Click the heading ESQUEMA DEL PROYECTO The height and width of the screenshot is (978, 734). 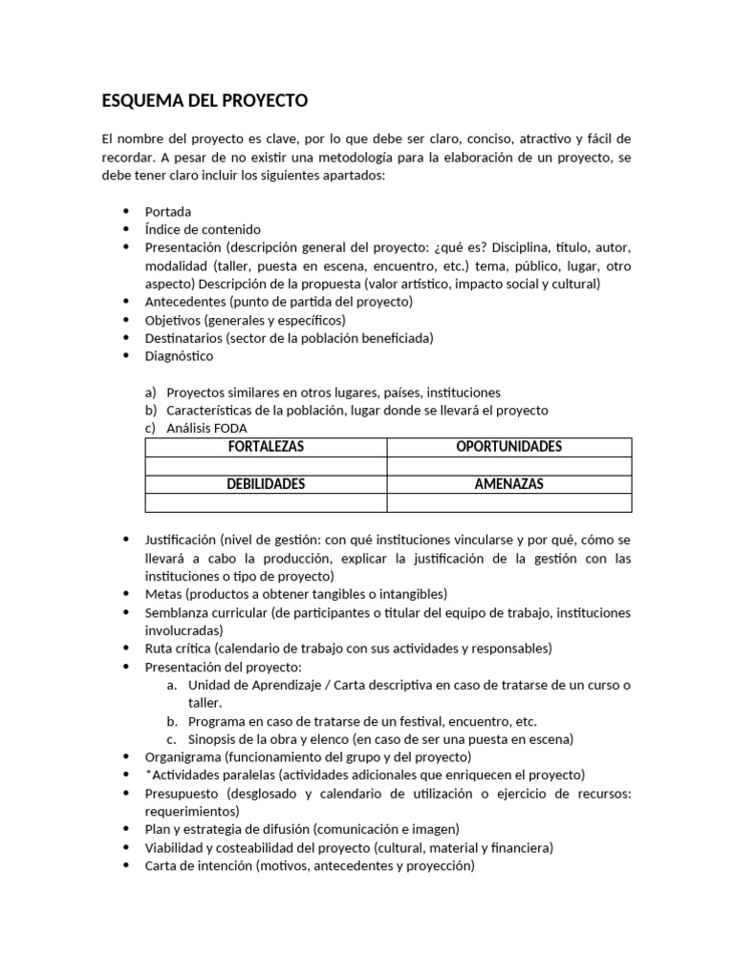[205, 100]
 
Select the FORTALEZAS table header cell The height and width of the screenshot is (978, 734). [266, 447]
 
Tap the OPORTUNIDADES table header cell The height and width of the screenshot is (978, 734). [508, 447]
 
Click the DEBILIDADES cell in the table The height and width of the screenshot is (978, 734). [266, 484]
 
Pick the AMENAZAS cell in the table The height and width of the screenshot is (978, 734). [508, 484]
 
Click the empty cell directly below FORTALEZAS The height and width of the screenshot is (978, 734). [266, 466]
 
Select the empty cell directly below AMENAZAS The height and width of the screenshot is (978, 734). [508, 502]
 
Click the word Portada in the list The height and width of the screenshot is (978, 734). [167, 211]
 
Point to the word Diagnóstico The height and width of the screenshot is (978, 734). [179, 356]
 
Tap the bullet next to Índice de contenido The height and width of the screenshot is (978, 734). [126, 229]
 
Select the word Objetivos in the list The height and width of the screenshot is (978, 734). [172, 320]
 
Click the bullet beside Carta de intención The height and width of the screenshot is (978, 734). [126, 866]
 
